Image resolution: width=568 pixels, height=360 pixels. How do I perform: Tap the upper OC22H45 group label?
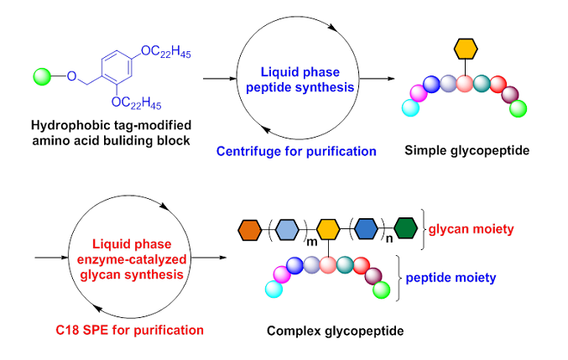(x=167, y=52)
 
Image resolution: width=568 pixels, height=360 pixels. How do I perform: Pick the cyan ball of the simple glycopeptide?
(x=410, y=107)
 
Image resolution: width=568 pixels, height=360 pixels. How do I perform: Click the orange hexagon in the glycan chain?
(x=250, y=227)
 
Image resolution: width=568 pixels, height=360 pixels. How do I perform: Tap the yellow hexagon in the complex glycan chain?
(x=328, y=227)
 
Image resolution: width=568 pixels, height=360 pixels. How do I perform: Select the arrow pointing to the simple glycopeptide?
(x=377, y=79)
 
